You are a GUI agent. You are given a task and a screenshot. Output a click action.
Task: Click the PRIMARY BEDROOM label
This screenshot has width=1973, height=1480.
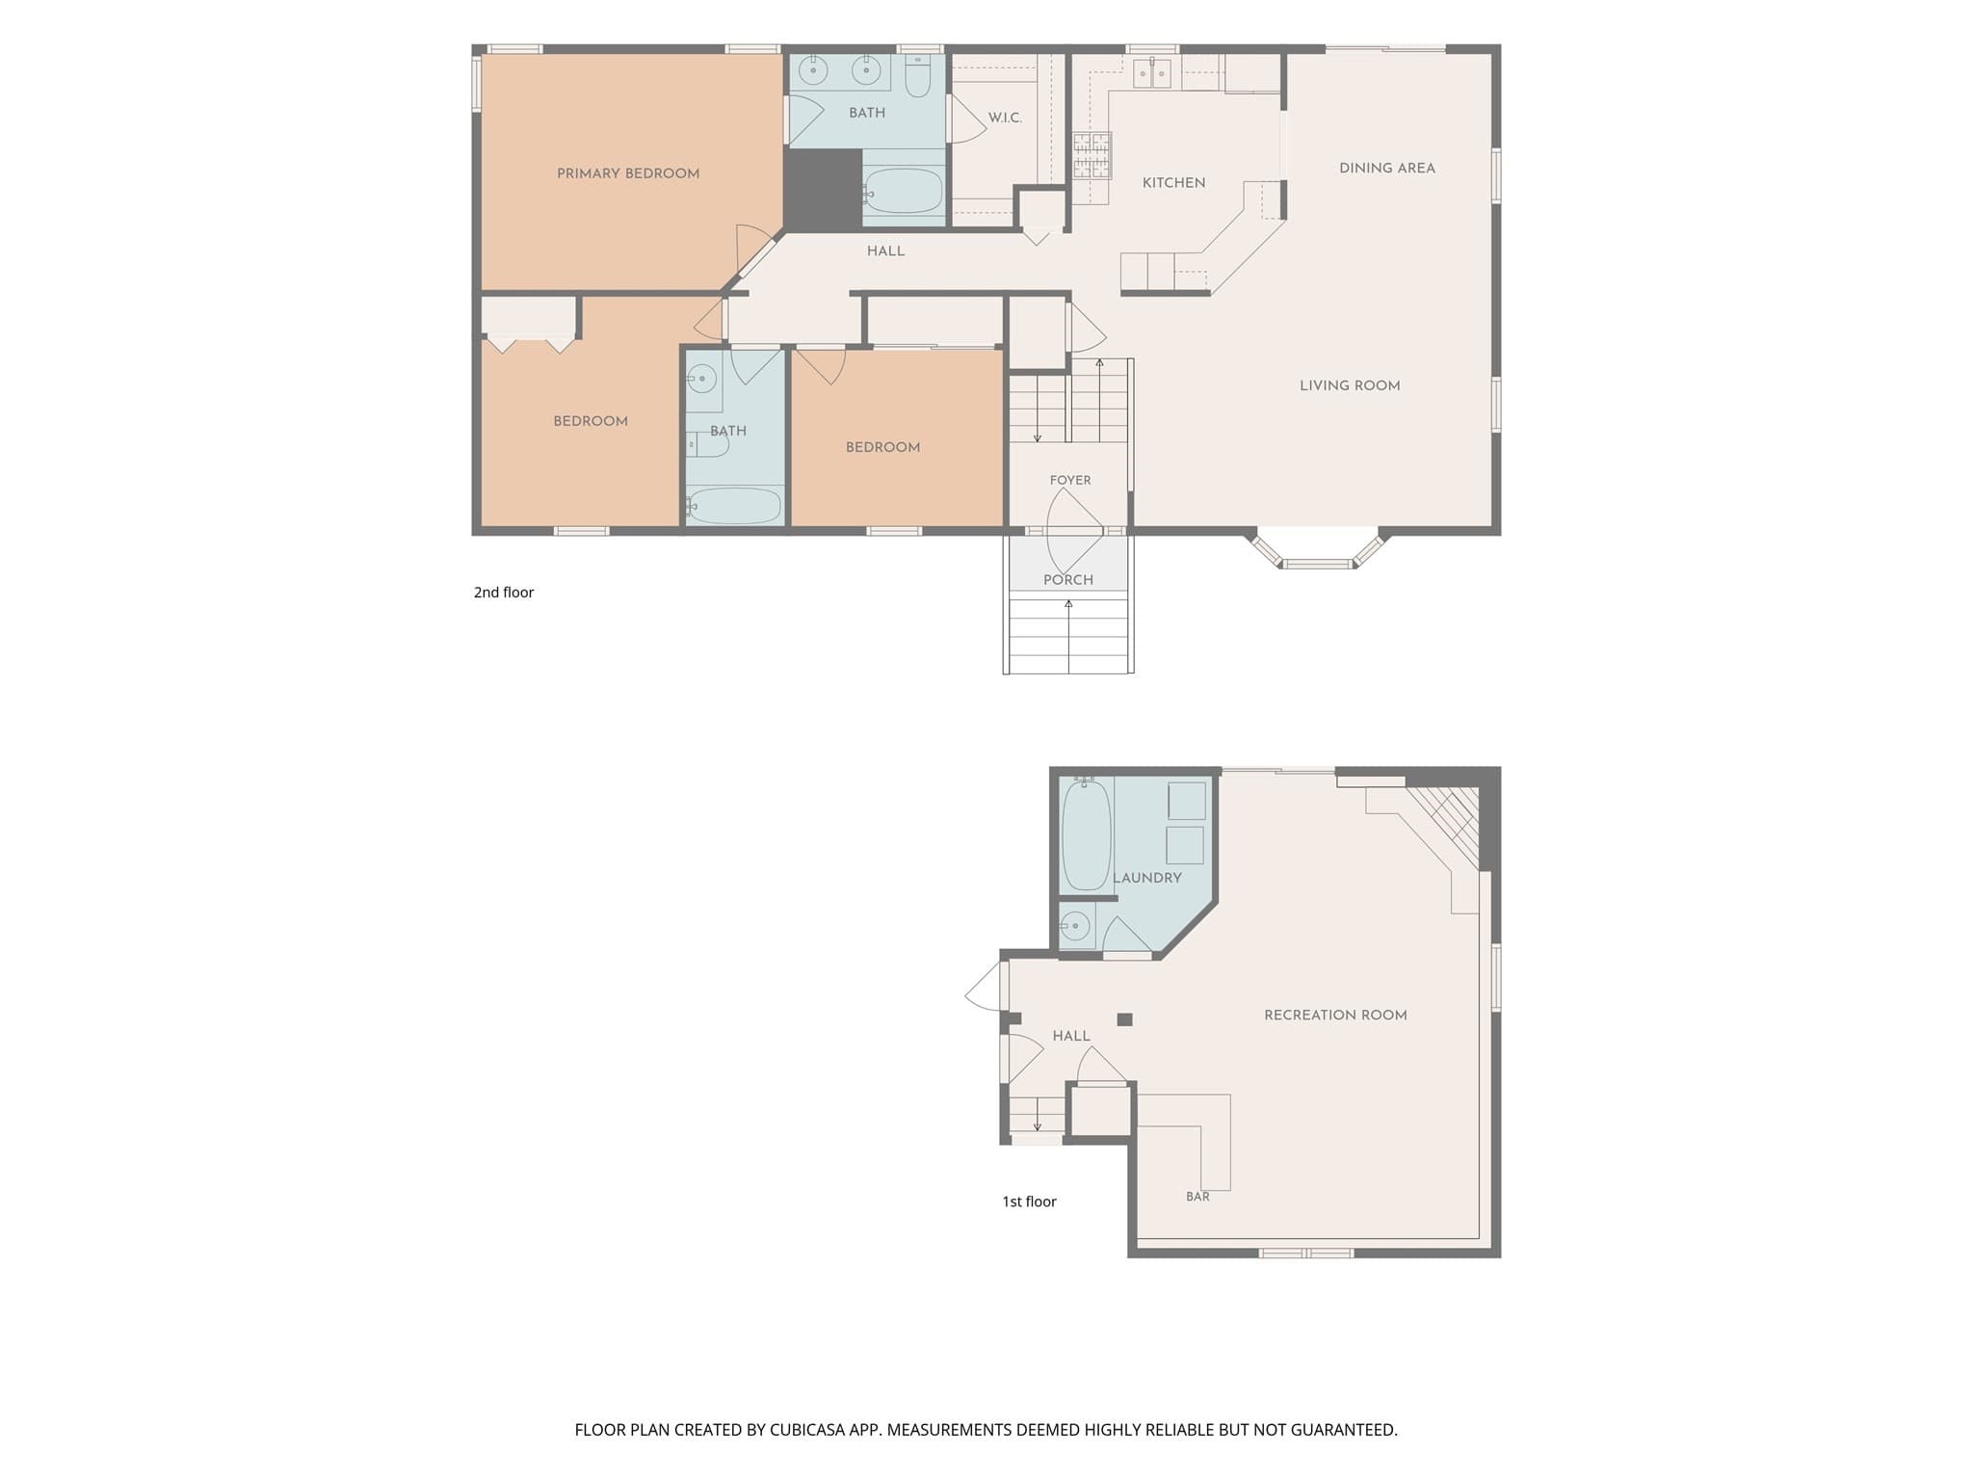628,173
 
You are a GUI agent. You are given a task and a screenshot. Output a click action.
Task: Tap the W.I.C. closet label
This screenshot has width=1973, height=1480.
1005,118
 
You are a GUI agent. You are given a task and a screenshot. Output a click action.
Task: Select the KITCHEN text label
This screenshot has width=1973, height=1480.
1173,183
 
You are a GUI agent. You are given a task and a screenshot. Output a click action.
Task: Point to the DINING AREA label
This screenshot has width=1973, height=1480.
1387,168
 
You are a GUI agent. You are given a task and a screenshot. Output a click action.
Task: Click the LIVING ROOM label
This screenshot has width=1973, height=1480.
1350,385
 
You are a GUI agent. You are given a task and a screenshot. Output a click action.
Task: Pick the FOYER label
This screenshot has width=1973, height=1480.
1070,480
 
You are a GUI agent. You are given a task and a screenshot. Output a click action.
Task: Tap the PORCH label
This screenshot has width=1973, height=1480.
1068,580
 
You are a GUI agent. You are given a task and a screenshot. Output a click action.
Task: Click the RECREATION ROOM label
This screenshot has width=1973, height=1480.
1335,1015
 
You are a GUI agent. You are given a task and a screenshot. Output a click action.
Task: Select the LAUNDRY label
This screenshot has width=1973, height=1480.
1146,878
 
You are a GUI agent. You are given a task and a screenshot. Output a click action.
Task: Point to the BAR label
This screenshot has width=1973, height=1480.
1197,1197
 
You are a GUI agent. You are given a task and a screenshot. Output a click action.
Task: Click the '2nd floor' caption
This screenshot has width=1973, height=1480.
504,593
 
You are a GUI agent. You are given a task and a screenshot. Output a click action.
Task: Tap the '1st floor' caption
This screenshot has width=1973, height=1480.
1029,1202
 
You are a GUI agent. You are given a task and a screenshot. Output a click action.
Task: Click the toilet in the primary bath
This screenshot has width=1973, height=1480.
918,76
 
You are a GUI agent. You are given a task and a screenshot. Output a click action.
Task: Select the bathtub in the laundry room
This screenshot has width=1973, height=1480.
1087,834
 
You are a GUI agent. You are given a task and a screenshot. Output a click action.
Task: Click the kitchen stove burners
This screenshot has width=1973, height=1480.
1092,156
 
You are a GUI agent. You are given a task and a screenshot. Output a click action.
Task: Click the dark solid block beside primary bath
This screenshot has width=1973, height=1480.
823,189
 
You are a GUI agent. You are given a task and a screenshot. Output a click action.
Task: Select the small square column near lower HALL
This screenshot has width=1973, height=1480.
1124,1019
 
